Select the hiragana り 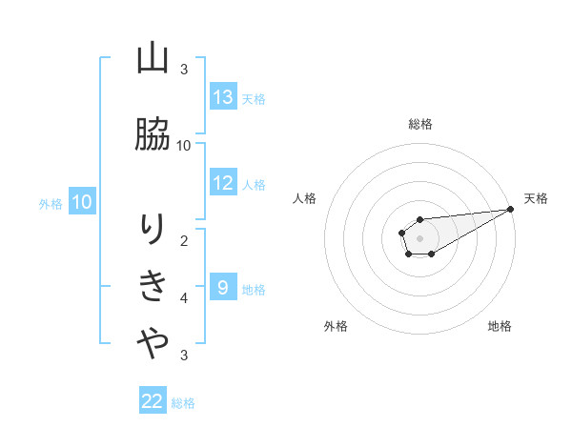coord(153,229)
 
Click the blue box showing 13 coord(223,97)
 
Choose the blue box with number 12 coord(223,183)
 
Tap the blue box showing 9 coord(223,288)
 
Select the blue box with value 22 coord(153,401)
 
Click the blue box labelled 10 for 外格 coord(82,202)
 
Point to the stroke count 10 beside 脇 coord(184,145)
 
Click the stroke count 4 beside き coord(184,298)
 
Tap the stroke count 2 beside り coord(184,240)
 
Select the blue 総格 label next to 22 coord(183,402)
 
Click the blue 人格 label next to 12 coord(254,184)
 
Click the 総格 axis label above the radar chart coord(420,124)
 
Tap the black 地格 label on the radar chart coord(500,326)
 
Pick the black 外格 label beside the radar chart coord(336,326)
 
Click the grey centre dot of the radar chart coord(419,235)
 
